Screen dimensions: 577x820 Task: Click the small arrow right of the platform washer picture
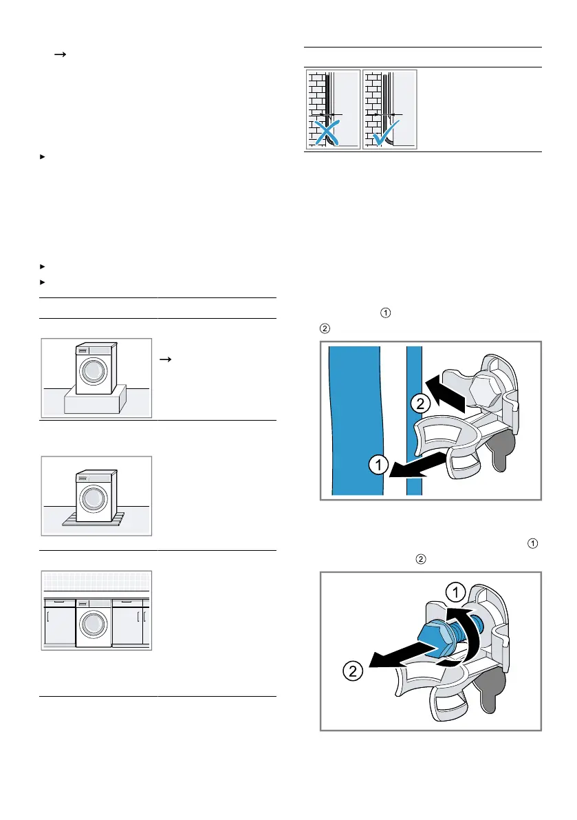click(x=166, y=358)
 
